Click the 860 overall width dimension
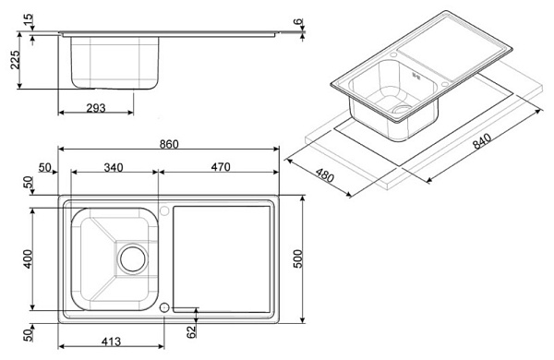point(169,144)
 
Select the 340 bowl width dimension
point(114,167)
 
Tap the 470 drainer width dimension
point(221,167)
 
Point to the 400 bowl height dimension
point(28,259)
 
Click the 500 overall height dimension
point(298,259)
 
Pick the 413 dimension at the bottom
point(111,342)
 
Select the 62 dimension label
point(191,331)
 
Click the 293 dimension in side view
point(96,108)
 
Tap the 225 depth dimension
point(15,60)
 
